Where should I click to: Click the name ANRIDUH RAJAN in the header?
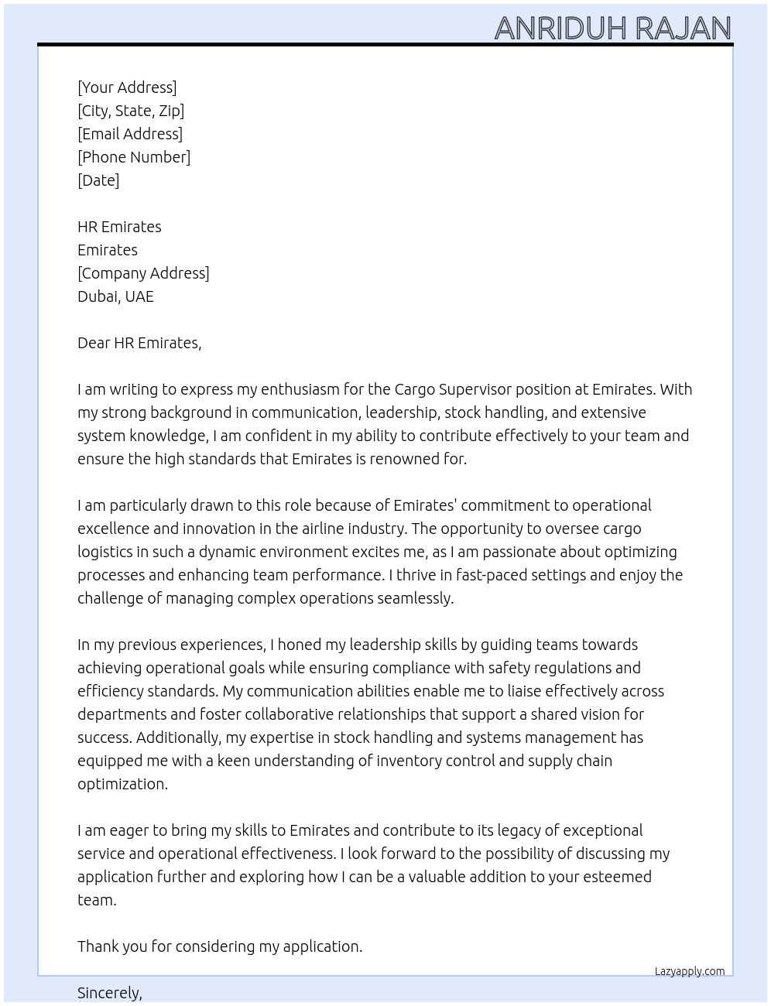612,28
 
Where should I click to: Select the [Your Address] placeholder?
127,87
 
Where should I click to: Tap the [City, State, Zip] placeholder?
131,111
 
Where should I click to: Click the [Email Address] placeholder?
130,134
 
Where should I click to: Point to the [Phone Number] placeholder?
134,157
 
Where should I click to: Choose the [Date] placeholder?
98,180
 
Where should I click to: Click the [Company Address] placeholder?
143,273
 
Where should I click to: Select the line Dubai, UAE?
115,296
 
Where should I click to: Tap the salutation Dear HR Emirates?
139,343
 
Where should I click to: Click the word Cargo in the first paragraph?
414,389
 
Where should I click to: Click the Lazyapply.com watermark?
690,971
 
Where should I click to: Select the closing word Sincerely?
110,993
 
